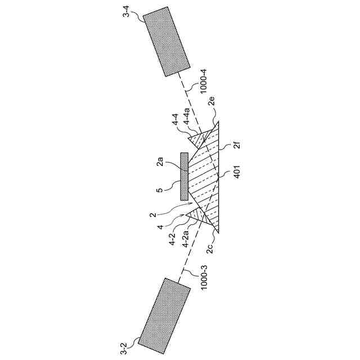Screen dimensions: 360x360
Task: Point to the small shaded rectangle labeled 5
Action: [184, 177]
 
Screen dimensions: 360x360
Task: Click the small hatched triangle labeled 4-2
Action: [197, 215]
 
